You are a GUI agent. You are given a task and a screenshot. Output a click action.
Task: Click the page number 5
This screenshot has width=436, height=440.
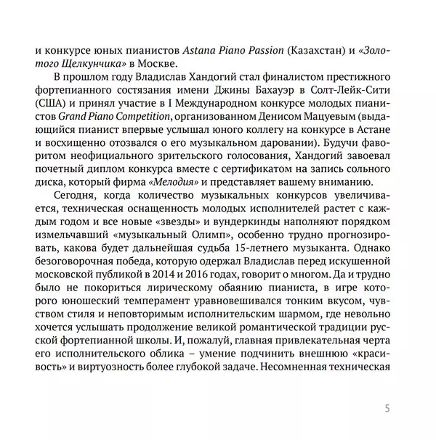coord(387,407)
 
